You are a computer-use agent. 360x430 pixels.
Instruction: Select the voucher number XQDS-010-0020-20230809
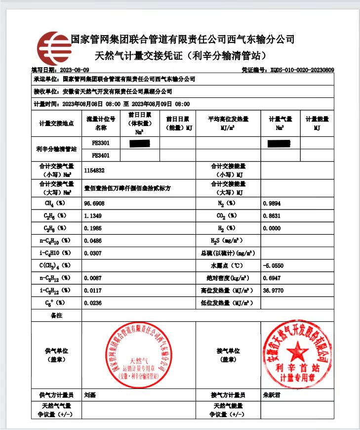pyautogui.click(x=302, y=70)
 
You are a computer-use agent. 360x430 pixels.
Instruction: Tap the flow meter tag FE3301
pyautogui.click(x=101, y=143)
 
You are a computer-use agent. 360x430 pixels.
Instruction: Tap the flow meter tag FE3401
pyautogui.click(x=101, y=155)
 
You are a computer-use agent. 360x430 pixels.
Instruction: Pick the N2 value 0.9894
pyautogui.click(x=272, y=203)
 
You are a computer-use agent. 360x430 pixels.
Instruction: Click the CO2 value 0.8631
pyautogui.click(x=272, y=215)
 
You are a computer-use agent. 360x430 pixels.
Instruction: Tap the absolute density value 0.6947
pyautogui.click(x=272, y=278)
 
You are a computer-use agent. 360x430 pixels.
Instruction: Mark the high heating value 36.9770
pyautogui.click(x=274, y=290)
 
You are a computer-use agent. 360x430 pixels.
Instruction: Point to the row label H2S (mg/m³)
pyautogui.click(x=228, y=240)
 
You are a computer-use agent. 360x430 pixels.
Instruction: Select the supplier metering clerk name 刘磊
pyautogui.click(x=90, y=395)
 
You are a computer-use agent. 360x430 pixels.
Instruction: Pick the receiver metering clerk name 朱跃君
pyautogui.click(x=272, y=395)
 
